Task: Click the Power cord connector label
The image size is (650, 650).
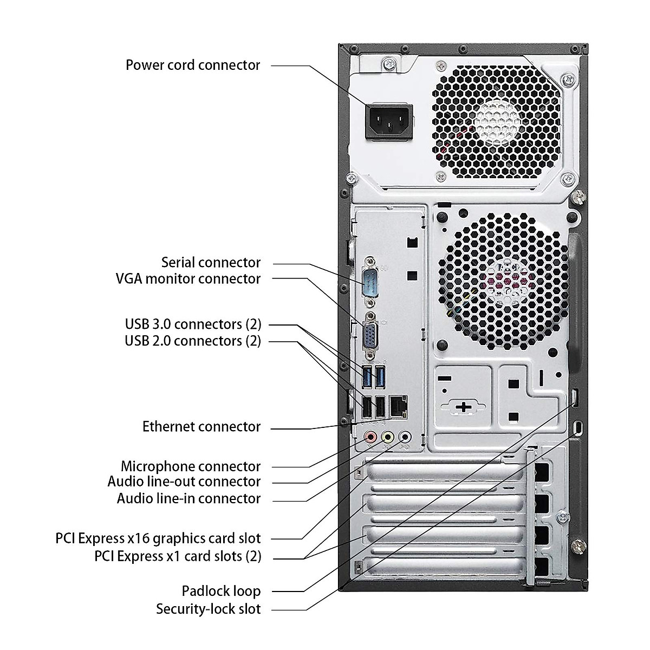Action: (193, 65)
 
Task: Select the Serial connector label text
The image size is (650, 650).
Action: (211, 263)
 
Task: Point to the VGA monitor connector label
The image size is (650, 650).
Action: (188, 279)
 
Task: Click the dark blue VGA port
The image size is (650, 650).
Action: (370, 334)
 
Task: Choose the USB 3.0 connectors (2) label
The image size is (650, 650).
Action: (193, 324)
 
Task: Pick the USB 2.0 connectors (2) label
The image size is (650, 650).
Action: (193, 341)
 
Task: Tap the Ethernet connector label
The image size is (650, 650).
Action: (201, 427)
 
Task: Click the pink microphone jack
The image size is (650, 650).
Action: (370, 437)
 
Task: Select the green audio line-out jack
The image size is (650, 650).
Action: (387, 437)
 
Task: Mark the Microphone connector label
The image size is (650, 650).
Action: (191, 466)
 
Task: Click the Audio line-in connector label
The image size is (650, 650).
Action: (188, 498)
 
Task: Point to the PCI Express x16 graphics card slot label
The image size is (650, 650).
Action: (158, 538)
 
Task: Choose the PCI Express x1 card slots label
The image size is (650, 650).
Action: (178, 556)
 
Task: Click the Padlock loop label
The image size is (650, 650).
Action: (221, 591)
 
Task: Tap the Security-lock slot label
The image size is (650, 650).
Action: (209, 609)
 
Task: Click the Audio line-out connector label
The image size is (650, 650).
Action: (184, 482)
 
